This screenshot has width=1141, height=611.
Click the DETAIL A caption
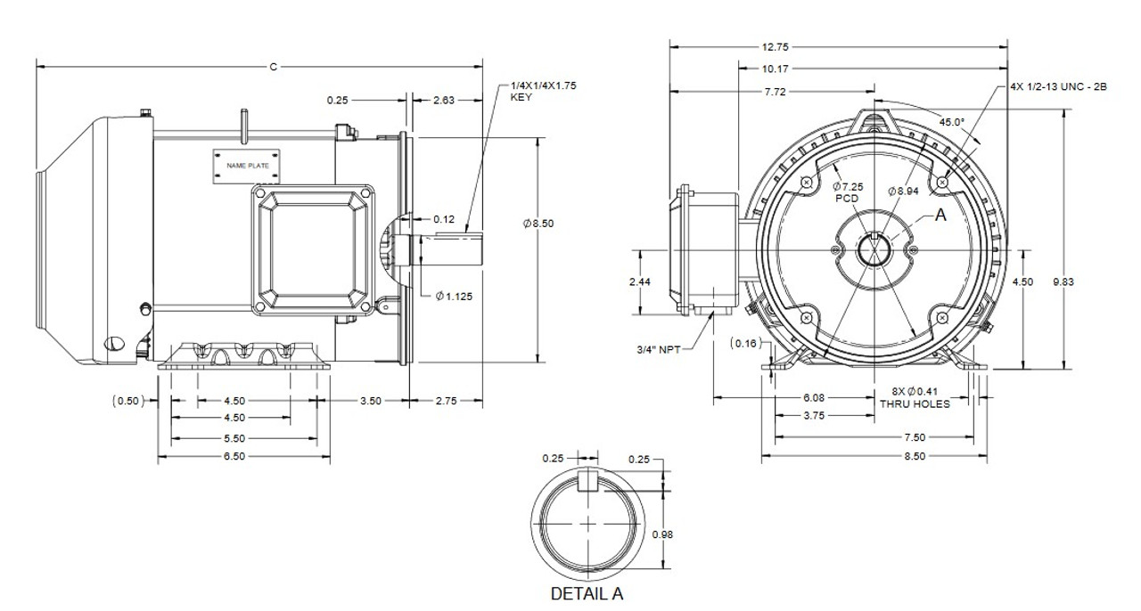585,594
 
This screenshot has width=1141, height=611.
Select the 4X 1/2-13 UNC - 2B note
1057,87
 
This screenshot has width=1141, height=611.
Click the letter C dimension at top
273,67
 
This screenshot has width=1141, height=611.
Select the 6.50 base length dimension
234,456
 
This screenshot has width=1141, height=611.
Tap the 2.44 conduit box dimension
639,281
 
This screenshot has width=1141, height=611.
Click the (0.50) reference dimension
127,401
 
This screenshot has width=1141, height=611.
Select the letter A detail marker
940,215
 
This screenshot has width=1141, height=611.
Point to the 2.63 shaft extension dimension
444,101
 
